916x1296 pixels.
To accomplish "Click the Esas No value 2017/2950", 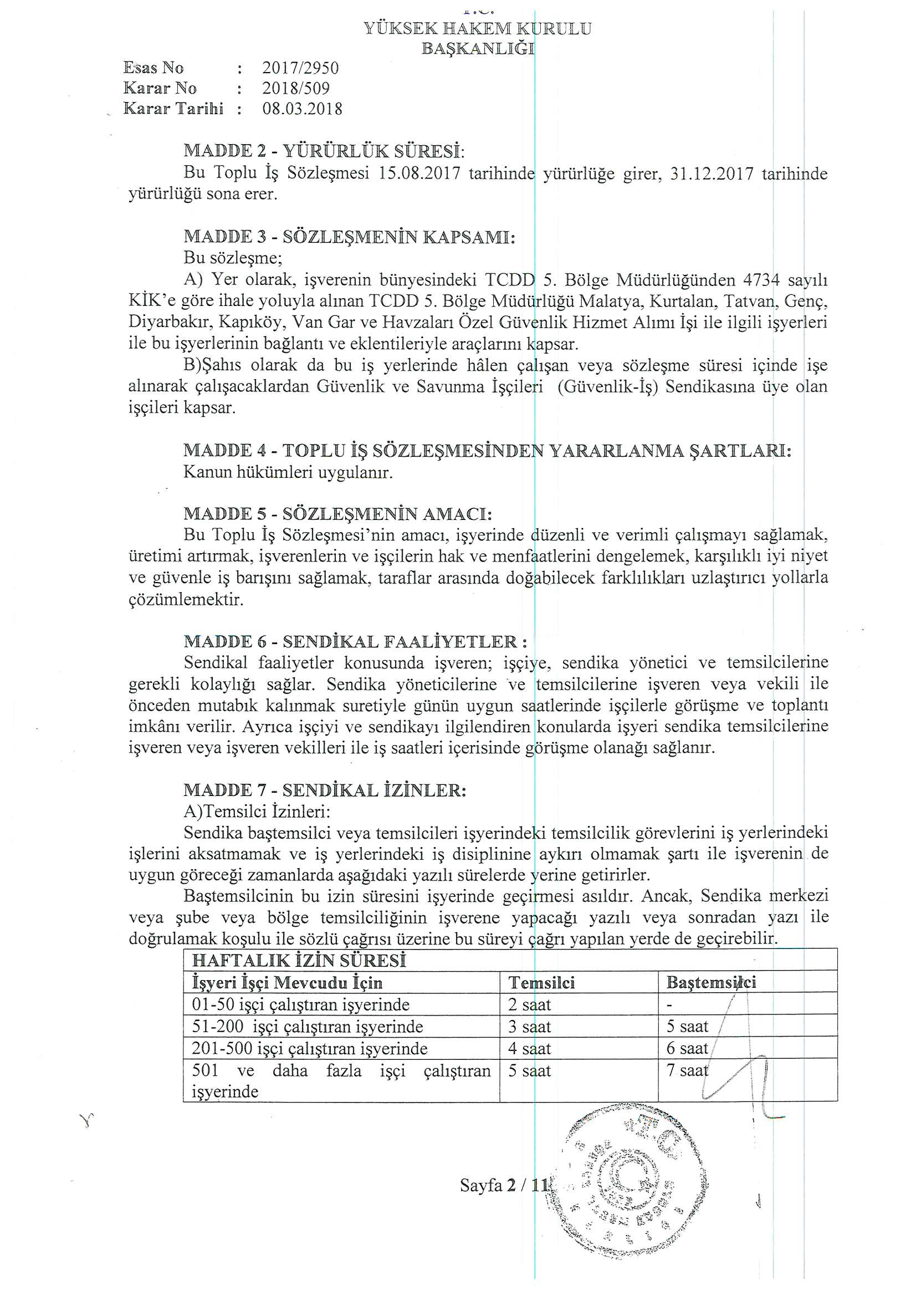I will coord(300,68).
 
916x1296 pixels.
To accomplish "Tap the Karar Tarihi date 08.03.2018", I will coord(303,109).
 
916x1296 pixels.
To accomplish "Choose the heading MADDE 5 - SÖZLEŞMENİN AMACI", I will coord(337,514).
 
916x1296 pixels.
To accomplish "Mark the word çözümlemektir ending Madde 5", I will coord(186,599).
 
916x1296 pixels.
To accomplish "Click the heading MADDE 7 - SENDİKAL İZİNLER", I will coord(325,790).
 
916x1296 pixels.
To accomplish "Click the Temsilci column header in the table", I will coord(541,983).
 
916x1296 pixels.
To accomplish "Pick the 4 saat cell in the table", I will coord(529,1049).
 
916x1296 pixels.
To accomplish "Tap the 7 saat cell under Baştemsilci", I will coord(687,1071).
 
